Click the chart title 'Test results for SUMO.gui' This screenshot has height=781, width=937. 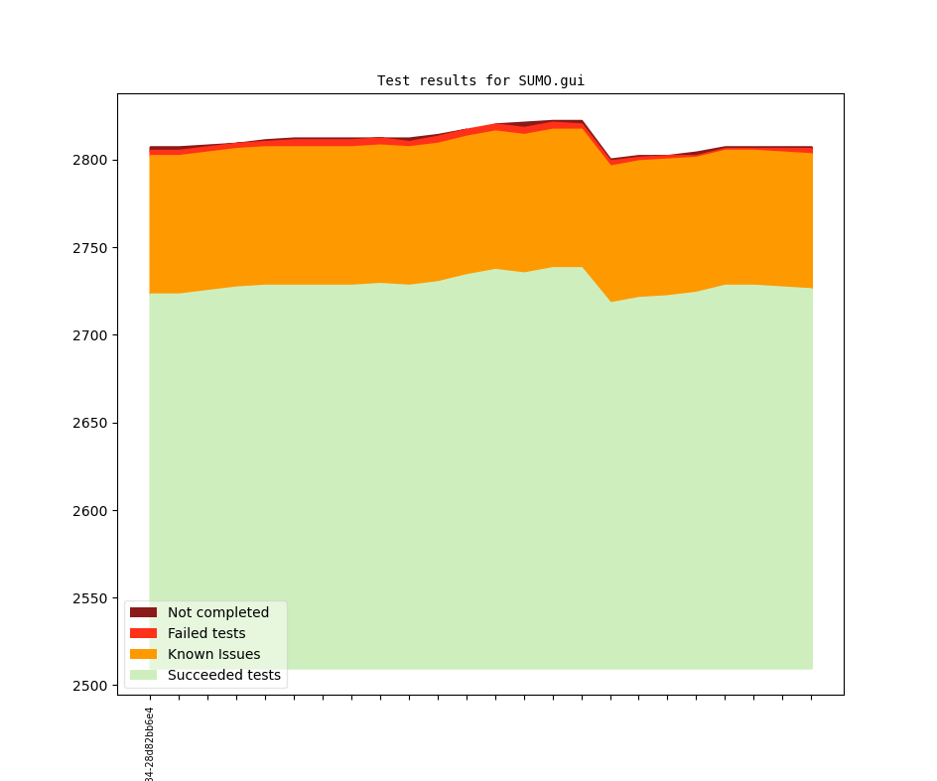[480, 80]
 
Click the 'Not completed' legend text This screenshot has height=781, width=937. [218, 612]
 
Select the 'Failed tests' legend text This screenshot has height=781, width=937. [206, 633]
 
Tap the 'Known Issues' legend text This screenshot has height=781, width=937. [213, 654]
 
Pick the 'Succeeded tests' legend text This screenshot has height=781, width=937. [224, 675]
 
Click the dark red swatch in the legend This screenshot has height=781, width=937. [143, 612]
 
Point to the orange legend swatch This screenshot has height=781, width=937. [143, 654]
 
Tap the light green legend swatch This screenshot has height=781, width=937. [143, 675]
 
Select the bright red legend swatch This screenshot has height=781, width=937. [143, 633]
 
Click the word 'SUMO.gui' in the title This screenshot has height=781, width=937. [551, 80]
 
